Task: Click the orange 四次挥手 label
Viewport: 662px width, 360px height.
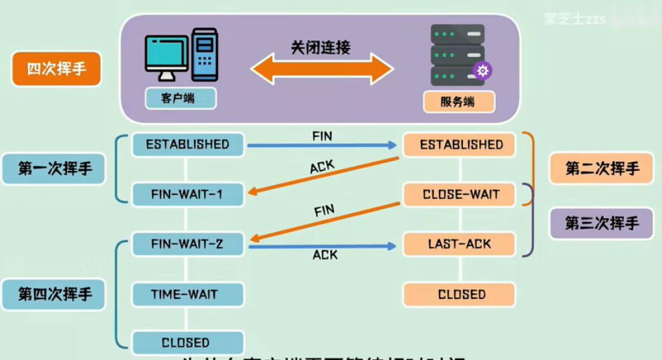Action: pos(56,70)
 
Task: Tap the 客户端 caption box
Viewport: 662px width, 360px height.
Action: pos(180,98)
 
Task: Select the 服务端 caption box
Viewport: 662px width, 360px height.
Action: pos(458,102)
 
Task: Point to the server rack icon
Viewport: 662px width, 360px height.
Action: pos(459,55)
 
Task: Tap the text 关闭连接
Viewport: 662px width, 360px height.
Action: pos(321,47)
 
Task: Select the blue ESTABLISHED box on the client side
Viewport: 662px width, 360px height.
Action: pos(187,145)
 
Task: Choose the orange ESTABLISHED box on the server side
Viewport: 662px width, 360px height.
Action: pos(461,146)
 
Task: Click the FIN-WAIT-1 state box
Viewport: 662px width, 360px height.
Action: pos(187,194)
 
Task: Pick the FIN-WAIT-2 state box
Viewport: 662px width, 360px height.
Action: pos(187,245)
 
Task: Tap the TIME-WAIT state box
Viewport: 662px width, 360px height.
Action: pos(187,295)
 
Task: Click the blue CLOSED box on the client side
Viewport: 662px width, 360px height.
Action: pos(187,343)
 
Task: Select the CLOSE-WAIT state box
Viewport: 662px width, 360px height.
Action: pos(461,195)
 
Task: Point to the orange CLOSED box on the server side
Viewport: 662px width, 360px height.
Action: pos(461,295)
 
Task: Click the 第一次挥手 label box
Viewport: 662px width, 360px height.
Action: pos(56,169)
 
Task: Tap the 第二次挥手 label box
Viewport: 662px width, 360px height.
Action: pos(602,169)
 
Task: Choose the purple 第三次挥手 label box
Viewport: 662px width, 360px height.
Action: pos(602,223)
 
